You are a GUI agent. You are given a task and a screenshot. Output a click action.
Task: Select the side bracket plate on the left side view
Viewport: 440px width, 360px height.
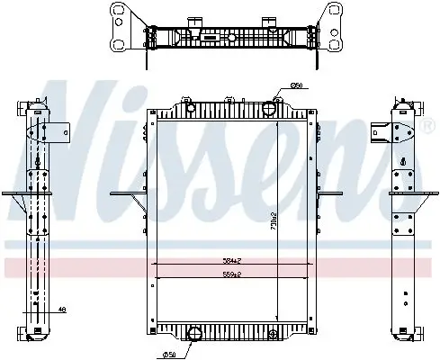click(x=56, y=131)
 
